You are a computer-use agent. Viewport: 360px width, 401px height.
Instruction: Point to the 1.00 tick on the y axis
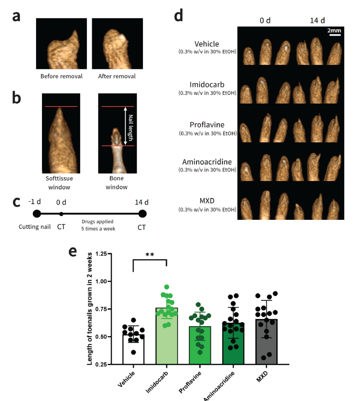coord(109,281)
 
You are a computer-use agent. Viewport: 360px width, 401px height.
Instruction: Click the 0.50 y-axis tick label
coord(101,337)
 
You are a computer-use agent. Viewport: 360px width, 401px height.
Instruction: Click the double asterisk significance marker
coord(150,254)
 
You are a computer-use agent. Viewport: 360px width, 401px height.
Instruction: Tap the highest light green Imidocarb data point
coord(167,287)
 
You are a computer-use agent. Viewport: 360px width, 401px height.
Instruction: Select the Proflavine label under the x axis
coord(190,382)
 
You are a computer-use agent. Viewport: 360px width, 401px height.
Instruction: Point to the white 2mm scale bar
coord(335,35)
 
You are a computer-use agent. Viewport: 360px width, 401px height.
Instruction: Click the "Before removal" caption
coord(61,76)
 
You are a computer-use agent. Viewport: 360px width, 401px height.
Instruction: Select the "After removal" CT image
coord(117,44)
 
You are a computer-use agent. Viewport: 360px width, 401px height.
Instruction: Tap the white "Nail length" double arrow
coord(125,126)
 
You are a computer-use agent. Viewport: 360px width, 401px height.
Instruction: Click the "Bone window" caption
coord(116,183)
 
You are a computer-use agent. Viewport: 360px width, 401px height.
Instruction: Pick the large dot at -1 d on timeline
coord(37,214)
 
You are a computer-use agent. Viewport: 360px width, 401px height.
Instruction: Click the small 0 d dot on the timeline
coord(61,214)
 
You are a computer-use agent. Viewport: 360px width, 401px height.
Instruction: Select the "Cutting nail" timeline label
coord(35,227)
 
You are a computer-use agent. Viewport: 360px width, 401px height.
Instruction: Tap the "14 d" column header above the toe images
coord(317,20)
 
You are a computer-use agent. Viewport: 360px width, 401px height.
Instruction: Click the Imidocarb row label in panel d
coord(207,85)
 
